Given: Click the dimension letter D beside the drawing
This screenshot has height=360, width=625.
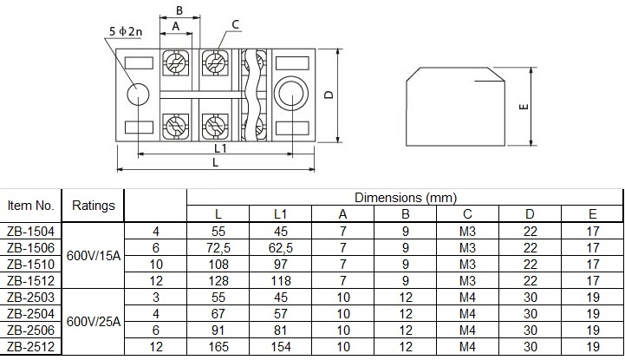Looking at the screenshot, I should [x=330, y=95].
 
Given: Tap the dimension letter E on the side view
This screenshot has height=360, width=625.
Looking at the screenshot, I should [x=523, y=108].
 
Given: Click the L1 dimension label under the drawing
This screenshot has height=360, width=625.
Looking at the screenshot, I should [x=220, y=148].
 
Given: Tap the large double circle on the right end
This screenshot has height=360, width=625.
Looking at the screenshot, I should [x=291, y=94].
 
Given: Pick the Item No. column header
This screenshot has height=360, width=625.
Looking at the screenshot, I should [x=31, y=206].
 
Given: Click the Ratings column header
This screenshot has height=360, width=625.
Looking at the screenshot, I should [x=94, y=206].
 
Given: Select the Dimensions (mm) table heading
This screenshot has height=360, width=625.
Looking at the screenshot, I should [x=405, y=198].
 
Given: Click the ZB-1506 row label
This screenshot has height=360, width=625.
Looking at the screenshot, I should [x=31, y=247].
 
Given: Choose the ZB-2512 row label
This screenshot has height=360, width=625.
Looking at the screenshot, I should [x=31, y=348].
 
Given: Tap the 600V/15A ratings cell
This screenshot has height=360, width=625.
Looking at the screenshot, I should [x=94, y=255].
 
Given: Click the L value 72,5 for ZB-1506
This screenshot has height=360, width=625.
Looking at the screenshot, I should [x=218, y=247].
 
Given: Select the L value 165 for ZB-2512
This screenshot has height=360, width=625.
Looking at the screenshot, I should [x=218, y=348].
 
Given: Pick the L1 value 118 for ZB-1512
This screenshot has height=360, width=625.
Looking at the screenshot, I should [x=281, y=281].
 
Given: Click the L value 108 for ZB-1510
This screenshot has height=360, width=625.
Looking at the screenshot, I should [x=218, y=264].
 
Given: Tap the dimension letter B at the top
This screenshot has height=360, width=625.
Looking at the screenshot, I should [x=179, y=10].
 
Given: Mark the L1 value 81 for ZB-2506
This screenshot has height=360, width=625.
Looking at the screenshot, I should [x=281, y=331].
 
